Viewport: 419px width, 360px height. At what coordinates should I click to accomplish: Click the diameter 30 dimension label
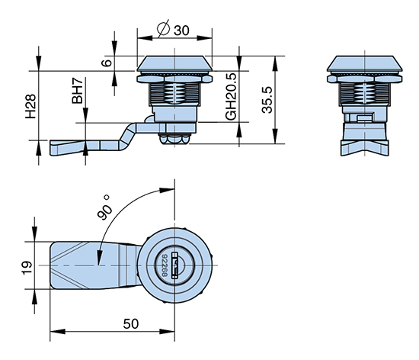point(174,29)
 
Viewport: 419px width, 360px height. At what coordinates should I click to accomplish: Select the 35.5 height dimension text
point(267,100)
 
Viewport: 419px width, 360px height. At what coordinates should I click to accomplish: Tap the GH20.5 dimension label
point(231,96)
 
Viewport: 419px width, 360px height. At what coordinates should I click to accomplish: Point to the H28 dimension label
point(30,106)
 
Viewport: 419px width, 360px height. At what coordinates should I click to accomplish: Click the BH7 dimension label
point(78,91)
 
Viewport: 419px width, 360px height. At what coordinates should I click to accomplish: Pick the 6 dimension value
point(107,63)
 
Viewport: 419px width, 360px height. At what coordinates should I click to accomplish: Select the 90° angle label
point(104,207)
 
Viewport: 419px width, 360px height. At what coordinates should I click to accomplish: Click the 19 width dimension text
point(27,268)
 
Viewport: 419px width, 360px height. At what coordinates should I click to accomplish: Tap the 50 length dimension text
point(131,324)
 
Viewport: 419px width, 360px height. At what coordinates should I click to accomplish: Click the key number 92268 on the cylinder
point(165,265)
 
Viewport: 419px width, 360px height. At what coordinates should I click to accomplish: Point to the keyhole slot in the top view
point(175,265)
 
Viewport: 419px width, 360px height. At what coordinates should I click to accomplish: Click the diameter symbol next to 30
point(164,28)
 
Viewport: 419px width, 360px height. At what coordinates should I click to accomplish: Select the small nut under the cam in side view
point(174,139)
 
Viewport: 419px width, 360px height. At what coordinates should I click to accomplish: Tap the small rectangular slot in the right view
point(364,118)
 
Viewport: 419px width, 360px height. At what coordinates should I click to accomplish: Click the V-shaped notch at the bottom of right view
point(365,149)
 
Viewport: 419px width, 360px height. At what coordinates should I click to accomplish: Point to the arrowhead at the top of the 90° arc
point(167,190)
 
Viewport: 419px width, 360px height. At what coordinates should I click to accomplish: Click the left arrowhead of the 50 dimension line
point(57,332)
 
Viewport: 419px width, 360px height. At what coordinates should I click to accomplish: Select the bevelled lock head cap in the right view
point(365,63)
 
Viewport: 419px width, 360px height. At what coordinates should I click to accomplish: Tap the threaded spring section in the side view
point(174,93)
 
